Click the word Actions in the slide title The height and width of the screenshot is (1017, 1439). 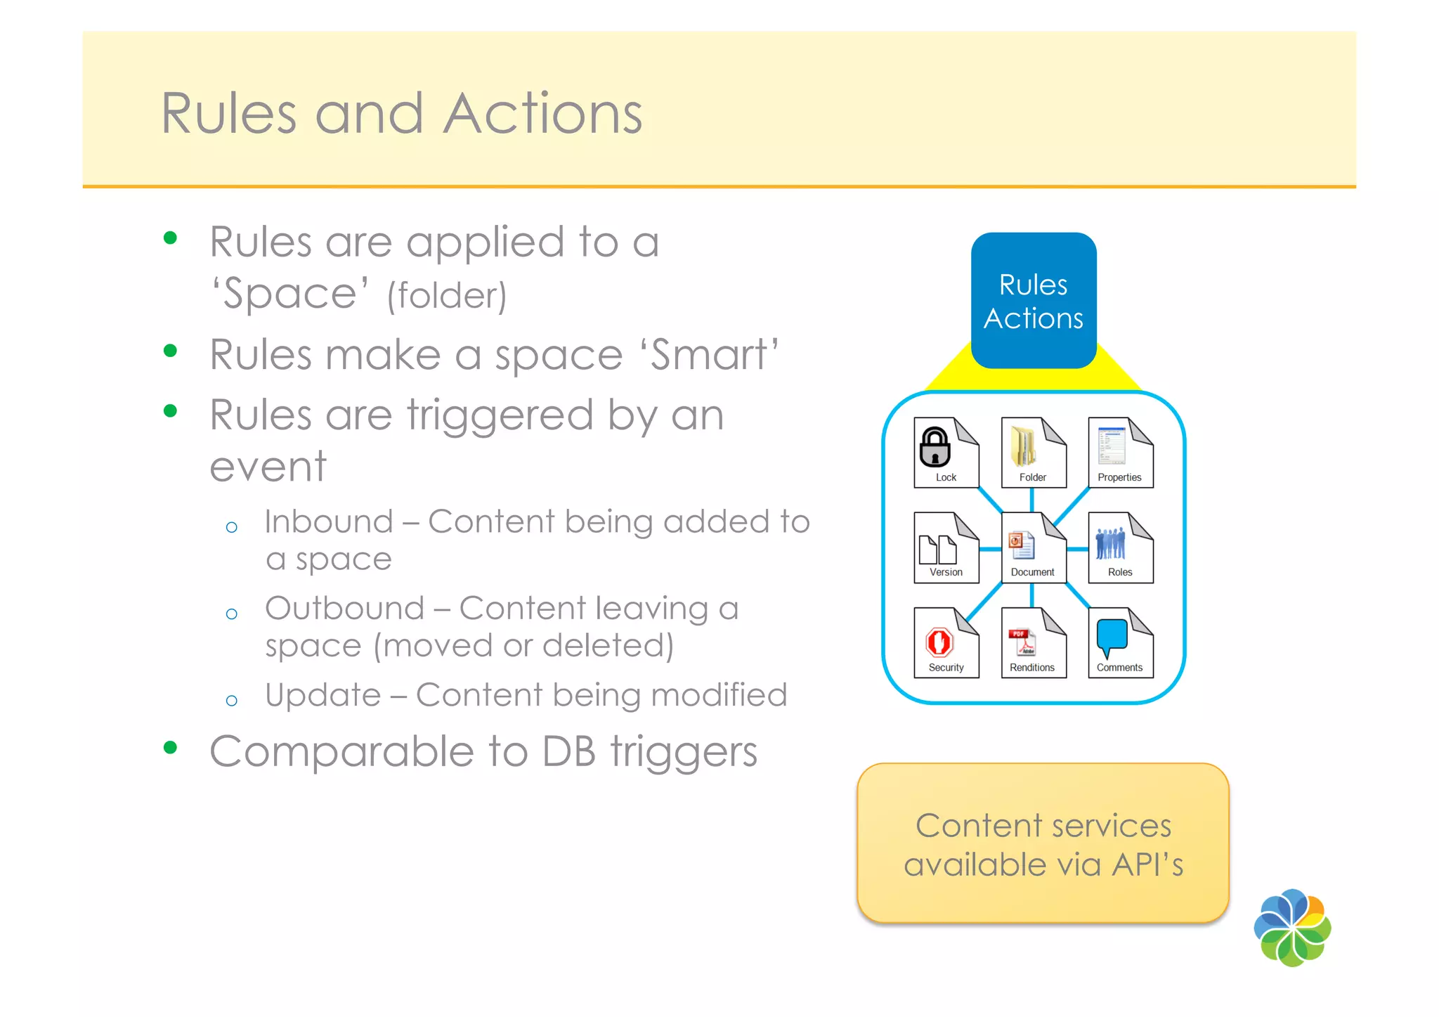(x=542, y=114)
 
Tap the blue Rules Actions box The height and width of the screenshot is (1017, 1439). (x=1033, y=301)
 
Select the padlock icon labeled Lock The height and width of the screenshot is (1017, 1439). (x=936, y=448)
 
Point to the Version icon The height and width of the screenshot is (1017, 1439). (x=938, y=549)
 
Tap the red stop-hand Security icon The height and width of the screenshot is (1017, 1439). (x=939, y=642)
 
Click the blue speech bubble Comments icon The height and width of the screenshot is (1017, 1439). (x=1112, y=637)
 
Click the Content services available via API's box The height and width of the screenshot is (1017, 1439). (x=1043, y=843)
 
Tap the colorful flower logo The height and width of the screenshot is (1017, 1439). (x=1292, y=928)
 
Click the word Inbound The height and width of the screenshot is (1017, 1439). (x=328, y=522)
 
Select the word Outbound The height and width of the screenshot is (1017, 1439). (x=344, y=609)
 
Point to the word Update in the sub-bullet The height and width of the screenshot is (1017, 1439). (x=323, y=695)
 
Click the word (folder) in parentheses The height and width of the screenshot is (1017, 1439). (x=447, y=295)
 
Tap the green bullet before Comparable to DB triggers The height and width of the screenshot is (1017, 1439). (x=170, y=747)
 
